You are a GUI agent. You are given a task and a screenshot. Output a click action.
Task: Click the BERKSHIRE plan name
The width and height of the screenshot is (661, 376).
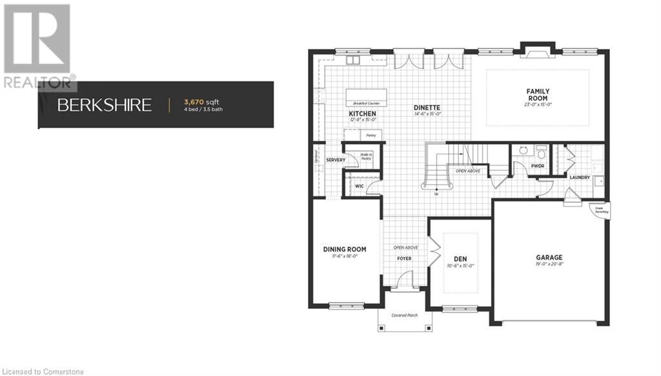point(105,105)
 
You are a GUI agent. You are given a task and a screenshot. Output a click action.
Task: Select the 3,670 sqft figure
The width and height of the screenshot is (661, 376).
point(201,101)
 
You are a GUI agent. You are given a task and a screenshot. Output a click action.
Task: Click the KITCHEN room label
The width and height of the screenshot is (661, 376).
point(362,113)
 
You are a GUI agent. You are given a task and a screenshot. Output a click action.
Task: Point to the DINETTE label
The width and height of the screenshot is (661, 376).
point(427,108)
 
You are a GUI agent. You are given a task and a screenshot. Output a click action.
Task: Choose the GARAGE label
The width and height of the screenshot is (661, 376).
point(549,257)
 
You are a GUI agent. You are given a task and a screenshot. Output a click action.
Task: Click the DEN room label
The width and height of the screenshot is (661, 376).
point(461,258)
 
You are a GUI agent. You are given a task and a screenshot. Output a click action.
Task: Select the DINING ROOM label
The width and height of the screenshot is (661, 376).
point(344,249)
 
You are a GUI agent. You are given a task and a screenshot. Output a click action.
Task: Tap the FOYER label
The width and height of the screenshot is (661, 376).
point(404,258)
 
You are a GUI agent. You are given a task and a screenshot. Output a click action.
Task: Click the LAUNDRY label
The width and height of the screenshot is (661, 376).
point(579,177)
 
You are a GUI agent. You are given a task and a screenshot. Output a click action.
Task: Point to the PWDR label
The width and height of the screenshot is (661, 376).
point(538,165)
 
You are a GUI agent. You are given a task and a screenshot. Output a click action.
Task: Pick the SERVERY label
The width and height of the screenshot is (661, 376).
point(336,160)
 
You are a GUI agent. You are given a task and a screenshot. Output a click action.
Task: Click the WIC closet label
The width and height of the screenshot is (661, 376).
point(360,186)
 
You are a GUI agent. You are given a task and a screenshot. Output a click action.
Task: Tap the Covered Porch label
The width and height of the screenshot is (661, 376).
point(404,315)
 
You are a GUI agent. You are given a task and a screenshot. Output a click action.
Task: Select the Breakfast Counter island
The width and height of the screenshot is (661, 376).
point(366,96)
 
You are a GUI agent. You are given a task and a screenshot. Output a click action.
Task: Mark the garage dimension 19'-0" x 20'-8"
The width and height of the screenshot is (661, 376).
point(549,264)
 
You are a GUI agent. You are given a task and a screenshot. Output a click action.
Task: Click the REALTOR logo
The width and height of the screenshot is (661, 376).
point(37,45)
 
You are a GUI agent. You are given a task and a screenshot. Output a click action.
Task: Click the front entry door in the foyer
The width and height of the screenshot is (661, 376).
point(404,278)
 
